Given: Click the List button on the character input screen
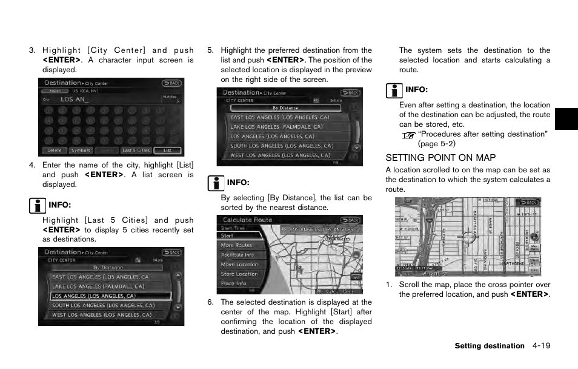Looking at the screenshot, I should point(167,151).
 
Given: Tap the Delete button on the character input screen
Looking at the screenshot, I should point(54,151).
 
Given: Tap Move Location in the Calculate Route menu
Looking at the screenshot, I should point(239,265).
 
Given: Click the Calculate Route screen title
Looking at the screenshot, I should point(247,220).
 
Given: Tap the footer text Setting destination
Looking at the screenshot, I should point(490,346).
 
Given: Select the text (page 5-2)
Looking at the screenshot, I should point(436,144).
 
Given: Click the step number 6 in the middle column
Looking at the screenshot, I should point(210,302).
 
